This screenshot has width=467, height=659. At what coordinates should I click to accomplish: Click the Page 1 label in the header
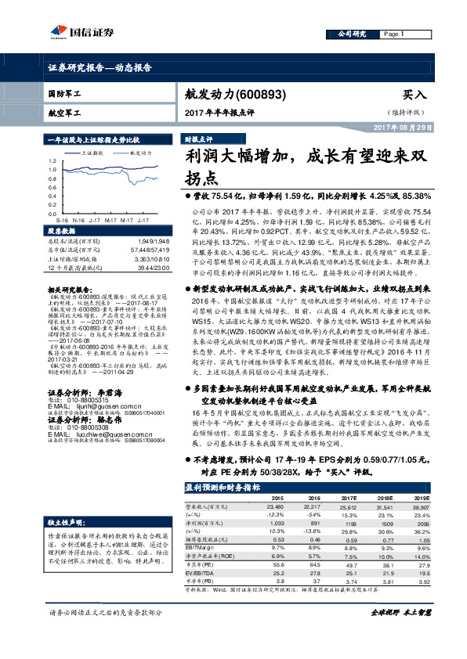click(393, 34)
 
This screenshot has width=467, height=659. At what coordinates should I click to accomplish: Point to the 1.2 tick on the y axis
click(52, 160)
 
